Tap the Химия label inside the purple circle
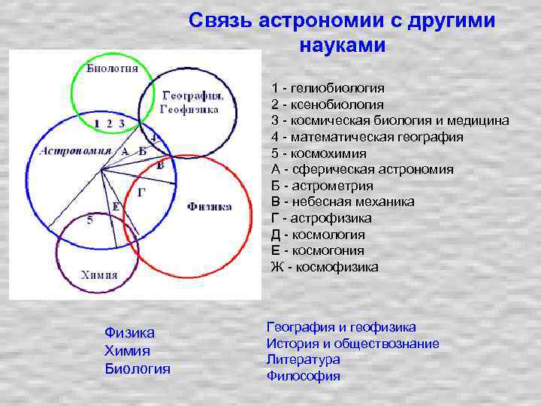[x=99, y=274]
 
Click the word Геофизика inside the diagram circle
[x=189, y=110]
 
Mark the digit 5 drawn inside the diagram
[x=90, y=220]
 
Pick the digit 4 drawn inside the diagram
[x=153, y=138]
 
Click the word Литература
[x=303, y=360]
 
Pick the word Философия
[x=303, y=377]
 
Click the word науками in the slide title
[x=342, y=45]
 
